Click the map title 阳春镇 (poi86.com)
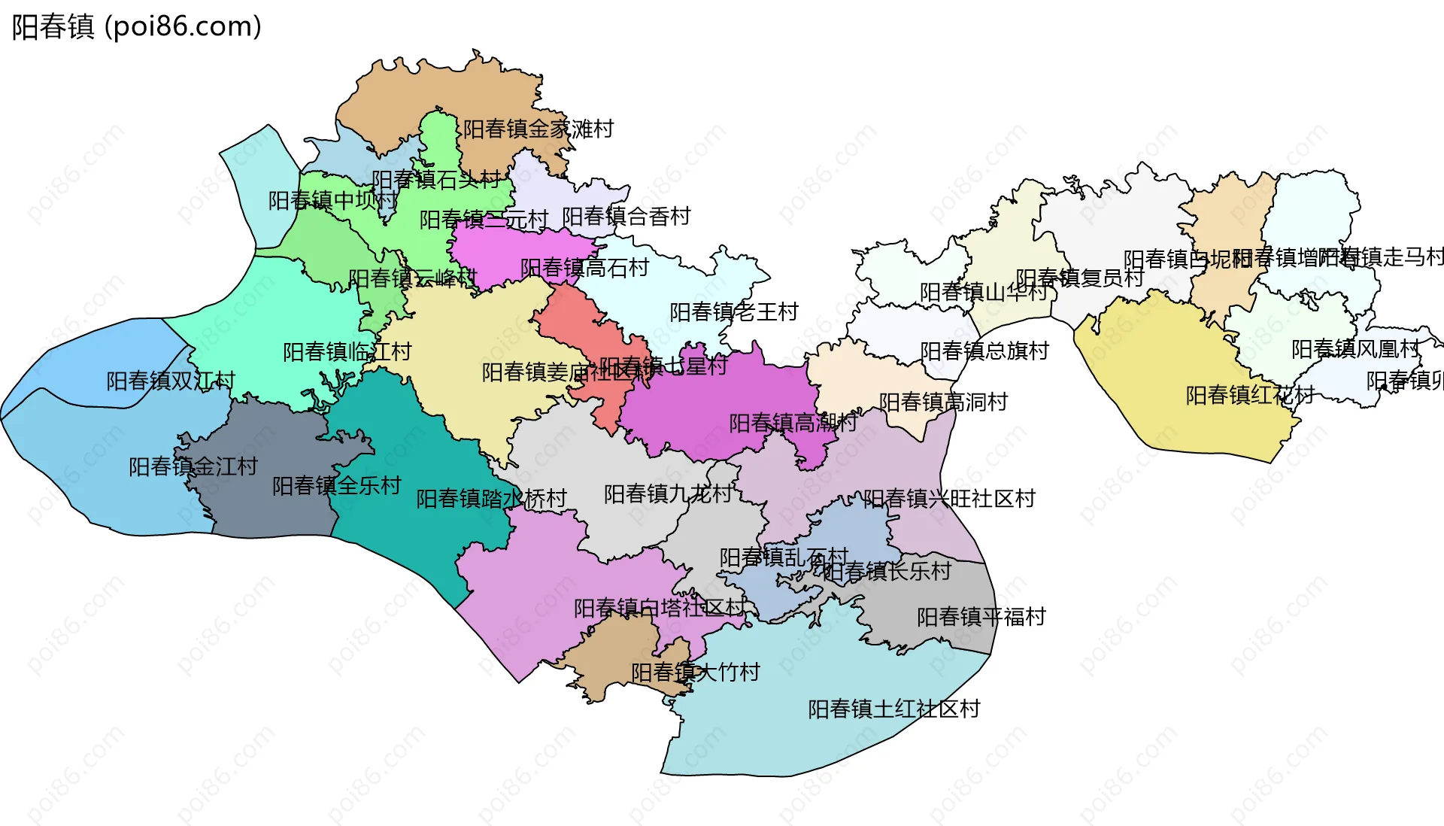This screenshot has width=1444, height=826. tap(136, 27)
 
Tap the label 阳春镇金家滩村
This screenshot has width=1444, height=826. tap(538, 129)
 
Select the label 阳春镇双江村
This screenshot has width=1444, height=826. tap(171, 381)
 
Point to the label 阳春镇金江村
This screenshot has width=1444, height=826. tap(193, 467)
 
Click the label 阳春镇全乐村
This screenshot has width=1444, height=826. tap(337, 486)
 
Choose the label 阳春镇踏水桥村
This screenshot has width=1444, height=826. tap(491, 499)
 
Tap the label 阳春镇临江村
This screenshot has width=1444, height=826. tap(347, 352)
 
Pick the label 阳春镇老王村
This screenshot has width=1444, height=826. tap(734, 312)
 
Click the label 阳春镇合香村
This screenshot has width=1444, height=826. tap(626, 217)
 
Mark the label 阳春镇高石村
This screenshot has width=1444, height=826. tap(584, 269)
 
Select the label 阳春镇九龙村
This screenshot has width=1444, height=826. tap(668, 494)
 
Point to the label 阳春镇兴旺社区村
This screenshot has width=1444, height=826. tap(949, 499)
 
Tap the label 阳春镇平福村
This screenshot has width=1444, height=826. tap(981, 618)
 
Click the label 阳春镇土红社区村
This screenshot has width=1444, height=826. tap(894, 709)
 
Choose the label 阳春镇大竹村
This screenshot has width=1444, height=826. tap(696, 673)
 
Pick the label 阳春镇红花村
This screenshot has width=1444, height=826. tap(1250, 396)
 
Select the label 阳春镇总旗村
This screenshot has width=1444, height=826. tap(984, 351)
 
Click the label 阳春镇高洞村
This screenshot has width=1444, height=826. tap(944, 402)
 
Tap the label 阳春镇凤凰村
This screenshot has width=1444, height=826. tap(1356, 350)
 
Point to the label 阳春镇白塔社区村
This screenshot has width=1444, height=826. tap(660, 609)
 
